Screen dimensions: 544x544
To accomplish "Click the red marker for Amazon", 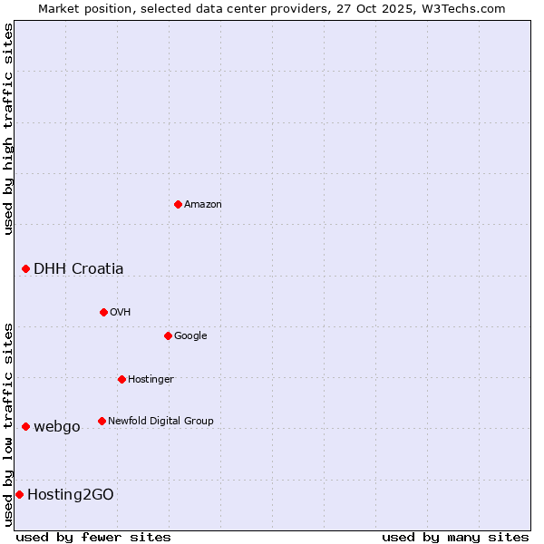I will point(178,204).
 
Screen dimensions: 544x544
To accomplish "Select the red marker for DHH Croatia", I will point(25,268).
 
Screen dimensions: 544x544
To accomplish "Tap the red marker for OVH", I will point(103,312).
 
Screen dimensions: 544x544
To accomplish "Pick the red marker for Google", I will point(168,335).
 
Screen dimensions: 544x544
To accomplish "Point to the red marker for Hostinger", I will point(121,379).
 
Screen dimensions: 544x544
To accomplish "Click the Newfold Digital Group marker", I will point(102,421).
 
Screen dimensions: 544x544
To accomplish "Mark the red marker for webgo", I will point(25,426).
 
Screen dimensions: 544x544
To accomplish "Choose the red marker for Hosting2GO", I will point(19,494).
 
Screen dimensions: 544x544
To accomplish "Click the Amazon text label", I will point(203,205).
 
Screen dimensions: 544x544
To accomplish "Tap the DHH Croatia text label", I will point(79,269).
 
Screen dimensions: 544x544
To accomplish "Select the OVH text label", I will point(121,313).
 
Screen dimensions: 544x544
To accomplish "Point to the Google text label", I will point(190,336).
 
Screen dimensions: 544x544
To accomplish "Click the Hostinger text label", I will point(151,380).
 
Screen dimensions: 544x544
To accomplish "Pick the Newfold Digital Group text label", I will point(160,422).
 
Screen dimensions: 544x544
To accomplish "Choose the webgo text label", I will point(57,427).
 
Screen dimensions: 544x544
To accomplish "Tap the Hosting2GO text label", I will point(71,495).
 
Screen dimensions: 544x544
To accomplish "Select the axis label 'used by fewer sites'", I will point(93,537).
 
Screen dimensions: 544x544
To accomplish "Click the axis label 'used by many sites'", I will point(455,537).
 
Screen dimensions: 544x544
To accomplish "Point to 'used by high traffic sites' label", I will point(8,129).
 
